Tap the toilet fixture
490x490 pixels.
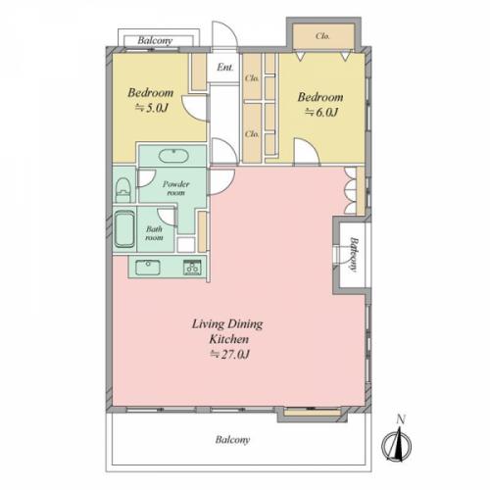tap(123, 190)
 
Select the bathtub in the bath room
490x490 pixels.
tap(124, 229)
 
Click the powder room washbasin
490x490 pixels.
tap(173, 156)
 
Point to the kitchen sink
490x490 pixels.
tap(148, 268)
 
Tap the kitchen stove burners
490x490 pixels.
tap(192, 268)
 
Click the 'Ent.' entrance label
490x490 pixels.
tap(225, 68)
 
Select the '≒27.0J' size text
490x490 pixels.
tap(229, 354)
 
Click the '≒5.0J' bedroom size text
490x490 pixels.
tap(152, 108)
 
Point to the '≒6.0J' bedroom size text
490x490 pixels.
tap(321, 112)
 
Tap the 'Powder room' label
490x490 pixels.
tap(176, 188)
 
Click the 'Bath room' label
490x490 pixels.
tap(154, 233)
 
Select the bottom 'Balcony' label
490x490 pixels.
tap(232, 440)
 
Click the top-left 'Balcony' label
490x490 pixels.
tap(155, 40)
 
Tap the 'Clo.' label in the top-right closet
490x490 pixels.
tap(322, 36)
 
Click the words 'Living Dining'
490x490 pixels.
tap(227, 324)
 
